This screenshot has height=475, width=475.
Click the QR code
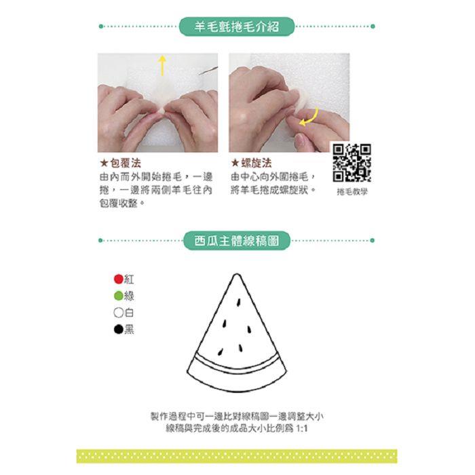351,163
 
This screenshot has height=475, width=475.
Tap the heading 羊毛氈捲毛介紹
237,26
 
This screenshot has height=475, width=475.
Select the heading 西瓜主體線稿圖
237,241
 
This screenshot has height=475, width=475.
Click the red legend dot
119,279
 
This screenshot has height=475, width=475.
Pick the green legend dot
119,296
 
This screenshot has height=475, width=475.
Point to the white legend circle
119,313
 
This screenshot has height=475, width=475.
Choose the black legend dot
119,329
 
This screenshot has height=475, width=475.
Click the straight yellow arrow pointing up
162,65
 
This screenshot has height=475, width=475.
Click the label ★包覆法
120,164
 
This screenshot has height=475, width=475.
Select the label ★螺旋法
251,164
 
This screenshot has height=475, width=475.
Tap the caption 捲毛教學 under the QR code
352,192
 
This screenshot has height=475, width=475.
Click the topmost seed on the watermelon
238,303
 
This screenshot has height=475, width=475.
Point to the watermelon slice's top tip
237,274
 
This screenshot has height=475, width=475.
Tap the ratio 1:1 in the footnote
302,429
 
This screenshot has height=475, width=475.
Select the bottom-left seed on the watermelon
221,351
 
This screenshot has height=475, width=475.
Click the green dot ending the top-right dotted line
373,26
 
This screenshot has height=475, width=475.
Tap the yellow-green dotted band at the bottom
237,456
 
